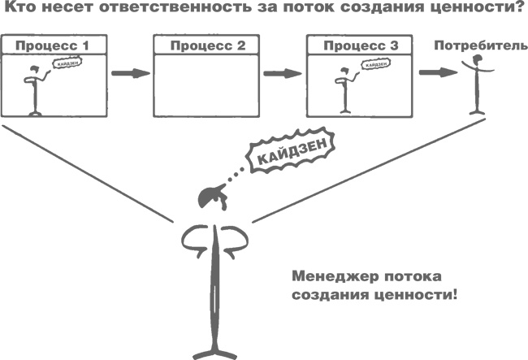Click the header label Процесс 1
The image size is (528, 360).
[50, 44]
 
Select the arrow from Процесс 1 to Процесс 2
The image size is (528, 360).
[131, 74]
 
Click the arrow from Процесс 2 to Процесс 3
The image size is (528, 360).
[281, 74]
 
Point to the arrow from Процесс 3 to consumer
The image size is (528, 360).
[435, 73]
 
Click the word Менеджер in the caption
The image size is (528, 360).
[326, 275]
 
